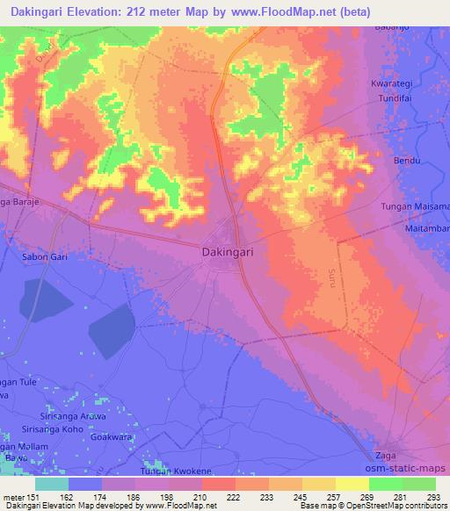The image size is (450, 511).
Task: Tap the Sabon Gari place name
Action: [x=40, y=258]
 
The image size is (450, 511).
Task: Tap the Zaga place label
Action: [x=386, y=455]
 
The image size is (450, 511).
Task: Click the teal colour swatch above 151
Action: [x=52, y=485]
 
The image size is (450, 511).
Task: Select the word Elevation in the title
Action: [x=88, y=12]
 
